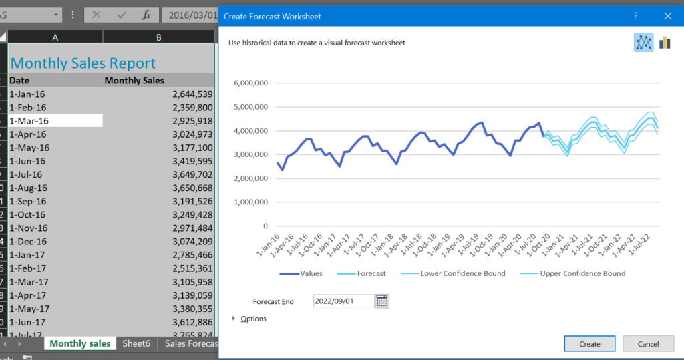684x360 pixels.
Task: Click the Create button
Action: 589,344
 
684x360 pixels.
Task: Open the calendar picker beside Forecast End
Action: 382,301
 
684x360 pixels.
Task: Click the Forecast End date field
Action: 343,301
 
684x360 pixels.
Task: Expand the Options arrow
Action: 234,319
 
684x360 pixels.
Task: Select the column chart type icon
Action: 665,43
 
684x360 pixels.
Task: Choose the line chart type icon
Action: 643,43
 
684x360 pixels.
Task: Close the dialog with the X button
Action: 667,16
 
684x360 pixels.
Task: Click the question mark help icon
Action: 635,16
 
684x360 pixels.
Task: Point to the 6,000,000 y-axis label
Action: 250,83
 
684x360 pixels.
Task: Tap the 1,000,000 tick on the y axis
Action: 250,202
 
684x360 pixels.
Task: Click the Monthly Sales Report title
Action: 83,63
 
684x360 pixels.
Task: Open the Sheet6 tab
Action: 136,343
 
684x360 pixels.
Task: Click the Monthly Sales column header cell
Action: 134,81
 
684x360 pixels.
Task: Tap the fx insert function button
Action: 146,15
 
